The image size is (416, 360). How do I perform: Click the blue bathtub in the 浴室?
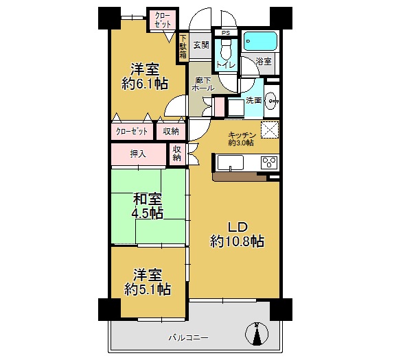[x=260, y=41]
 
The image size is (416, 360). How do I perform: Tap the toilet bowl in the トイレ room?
[x=226, y=49]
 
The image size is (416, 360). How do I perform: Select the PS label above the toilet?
[x=226, y=33]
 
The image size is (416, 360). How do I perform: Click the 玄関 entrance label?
[x=201, y=45]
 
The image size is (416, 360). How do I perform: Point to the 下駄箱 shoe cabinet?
[x=183, y=47]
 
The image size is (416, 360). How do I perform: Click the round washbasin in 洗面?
[x=271, y=101]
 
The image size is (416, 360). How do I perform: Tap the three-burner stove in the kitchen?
[x=269, y=163]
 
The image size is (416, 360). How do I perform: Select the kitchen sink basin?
[x=230, y=163]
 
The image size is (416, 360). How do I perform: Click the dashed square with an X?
[x=270, y=130]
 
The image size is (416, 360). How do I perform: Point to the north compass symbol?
[x=257, y=334]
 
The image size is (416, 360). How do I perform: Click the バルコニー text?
[x=188, y=338]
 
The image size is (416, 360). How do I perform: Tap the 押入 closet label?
[x=138, y=154]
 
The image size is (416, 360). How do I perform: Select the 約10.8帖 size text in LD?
[x=238, y=241]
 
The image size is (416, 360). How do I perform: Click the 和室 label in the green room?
[x=148, y=200]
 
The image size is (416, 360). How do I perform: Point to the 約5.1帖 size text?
[x=148, y=289]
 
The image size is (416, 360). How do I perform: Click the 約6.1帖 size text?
[x=145, y=84]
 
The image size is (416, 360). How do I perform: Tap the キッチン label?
[x=242, y=135]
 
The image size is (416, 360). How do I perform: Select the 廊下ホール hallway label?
[x=203, y=84]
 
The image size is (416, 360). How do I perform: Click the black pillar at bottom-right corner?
[x=281, y=310]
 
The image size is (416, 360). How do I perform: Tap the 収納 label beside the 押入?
[x=176, y=154]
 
